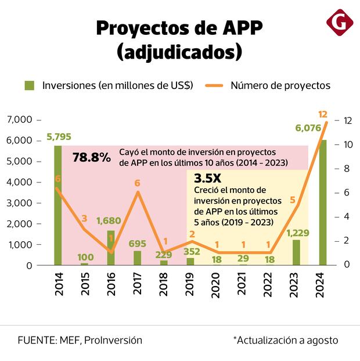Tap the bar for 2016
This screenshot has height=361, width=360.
point(111,248)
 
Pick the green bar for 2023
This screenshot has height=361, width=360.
point(296,252)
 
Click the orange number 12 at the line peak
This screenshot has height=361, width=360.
point(323,114)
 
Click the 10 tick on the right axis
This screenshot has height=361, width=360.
point(347,144)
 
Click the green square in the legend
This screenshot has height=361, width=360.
point(30,85)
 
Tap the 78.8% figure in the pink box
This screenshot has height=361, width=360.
point(92,157)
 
